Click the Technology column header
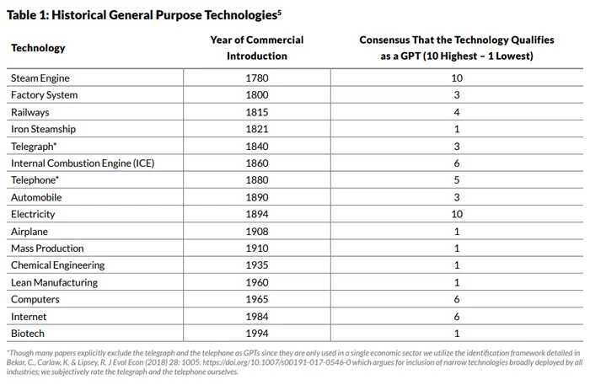tap(38, 48)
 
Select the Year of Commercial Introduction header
tap(257, 48)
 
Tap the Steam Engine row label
tap(40, 78)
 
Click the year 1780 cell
tap(257, 78)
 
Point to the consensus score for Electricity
tap(457, 214)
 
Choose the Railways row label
tap(30, 112)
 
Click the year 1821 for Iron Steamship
tap(257, 130)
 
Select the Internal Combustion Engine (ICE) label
tap(83, 163)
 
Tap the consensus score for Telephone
tap(457, 180)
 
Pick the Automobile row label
tap(36, 197)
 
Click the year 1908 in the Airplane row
tap(257, 231)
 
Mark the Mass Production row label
tap(47, 249)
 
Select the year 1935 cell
tap(257, 265)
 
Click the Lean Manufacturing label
tap(54, 282)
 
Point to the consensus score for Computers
tap(457, 299)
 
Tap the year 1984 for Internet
tap(257, 317)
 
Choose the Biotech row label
tap(28, 334)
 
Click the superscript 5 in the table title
tap(279, 11)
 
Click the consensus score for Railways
tap(457, 112)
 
